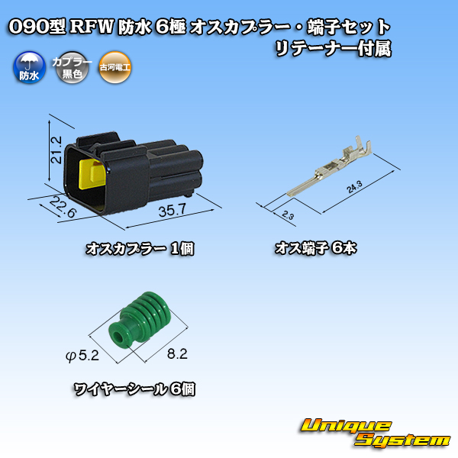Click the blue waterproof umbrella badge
[30, 67]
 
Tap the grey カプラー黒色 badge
[73, 67]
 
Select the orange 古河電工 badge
[114, 67]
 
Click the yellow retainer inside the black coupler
[92, 173]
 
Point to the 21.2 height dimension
[56, 150]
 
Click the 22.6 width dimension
[63, 207]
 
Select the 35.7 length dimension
[172, 211]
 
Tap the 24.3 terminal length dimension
[355, 187]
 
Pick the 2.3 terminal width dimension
[288, 215]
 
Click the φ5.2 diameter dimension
[82, 356]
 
